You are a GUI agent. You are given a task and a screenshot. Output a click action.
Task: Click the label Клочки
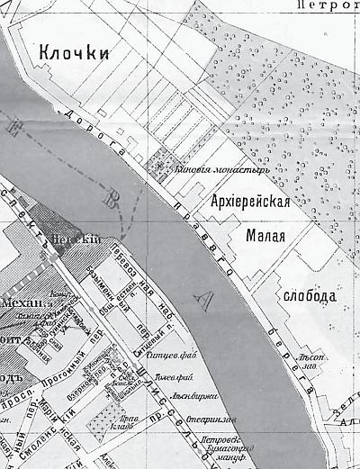point(74,55)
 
